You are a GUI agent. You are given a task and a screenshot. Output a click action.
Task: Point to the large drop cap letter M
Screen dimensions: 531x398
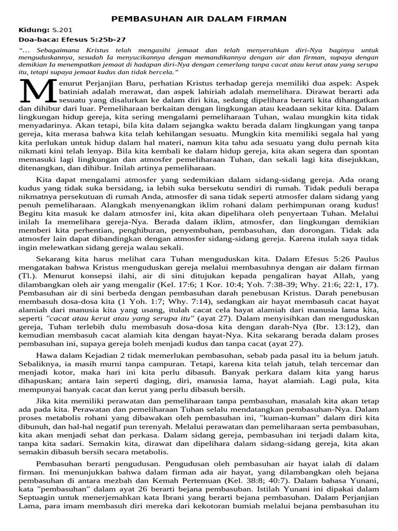coord(36,92)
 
